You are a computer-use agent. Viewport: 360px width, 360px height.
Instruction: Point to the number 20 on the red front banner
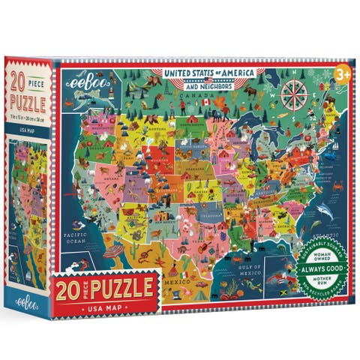click(x=70, y=287)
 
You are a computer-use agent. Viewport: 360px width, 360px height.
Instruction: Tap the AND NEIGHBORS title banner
click(x=206, y=85)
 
